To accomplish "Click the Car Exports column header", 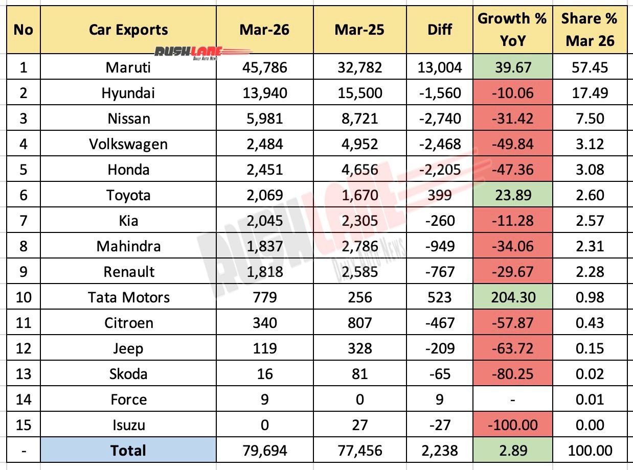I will click(128, 30).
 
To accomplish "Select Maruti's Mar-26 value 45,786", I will click(264, 67).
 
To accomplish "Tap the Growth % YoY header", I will click(512, 30).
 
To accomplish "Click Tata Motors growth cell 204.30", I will click(512, 297).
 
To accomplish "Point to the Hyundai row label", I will click(128, 93).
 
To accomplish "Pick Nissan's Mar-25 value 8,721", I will click(359, 119).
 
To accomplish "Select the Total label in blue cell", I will click(128, 450).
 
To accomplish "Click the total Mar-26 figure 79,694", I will click(264, 450).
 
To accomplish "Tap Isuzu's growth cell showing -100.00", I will click(512, 425).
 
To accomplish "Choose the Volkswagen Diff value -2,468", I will click(439, 144).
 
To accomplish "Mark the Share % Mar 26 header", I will click(590, 30).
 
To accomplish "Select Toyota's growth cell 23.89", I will click(512, 195).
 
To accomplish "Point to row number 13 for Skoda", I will click(23, 373).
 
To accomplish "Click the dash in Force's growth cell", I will click(512, 400).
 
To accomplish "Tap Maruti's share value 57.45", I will click(590, 67).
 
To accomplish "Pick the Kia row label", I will click(128, 221).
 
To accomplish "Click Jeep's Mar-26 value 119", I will click(264, 348).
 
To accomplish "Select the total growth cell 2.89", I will click(512, 450).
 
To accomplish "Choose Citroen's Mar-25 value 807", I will click(359, 323).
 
